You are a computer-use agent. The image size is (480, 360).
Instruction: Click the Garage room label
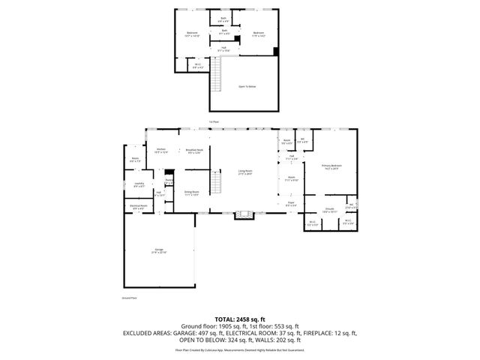pyautogui.click(x=159, y=250)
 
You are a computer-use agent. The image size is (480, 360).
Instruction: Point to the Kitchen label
pyautogui.click(x=160, y=150)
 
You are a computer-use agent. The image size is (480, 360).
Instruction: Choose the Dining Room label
pyautogui.click(x=191, y=193)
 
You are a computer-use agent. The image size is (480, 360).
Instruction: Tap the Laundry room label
pyautogui.click(x=139, y=184)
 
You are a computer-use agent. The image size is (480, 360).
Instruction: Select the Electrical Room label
pyautogui.click(x=137, y=207)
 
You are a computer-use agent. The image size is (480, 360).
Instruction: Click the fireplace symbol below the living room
pyautogui.click(x=241, y=216)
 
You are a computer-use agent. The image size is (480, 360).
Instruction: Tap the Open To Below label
pyautogui.click(x=247, y=86)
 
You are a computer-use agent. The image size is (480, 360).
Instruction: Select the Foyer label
pyautogui.click(x=291, y=203)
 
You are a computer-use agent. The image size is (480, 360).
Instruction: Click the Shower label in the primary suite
pyautogui.click(x=329, y=209)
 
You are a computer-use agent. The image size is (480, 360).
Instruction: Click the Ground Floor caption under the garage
pyautogui.click(x=129, y=298)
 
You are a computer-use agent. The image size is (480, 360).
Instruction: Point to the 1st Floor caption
pyautogui.click(x=214, y=121)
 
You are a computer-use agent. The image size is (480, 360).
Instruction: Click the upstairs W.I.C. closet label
pyautogui.click(x=197, y=64)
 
